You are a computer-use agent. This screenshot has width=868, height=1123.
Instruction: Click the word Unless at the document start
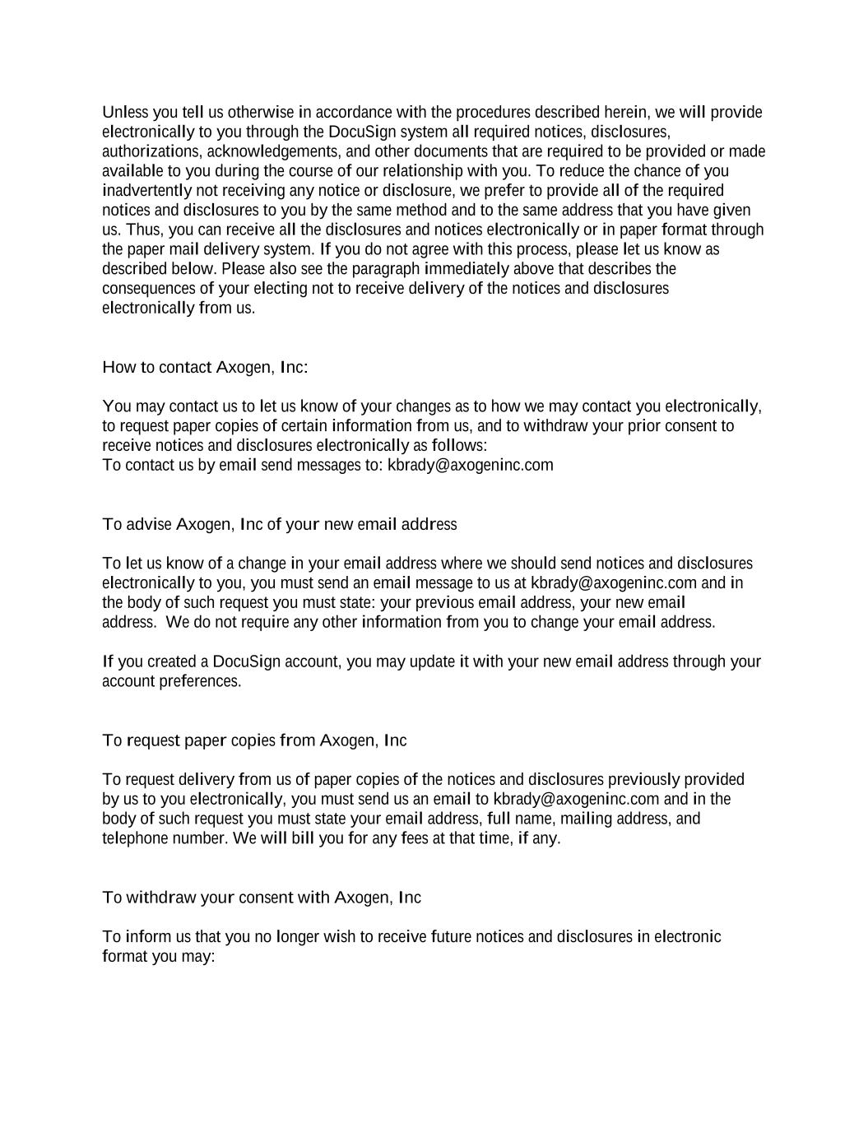pyautogui.click(x=121, y=113)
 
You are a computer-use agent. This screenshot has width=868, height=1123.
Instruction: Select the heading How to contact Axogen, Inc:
pyautogui.click(x=205, y=367)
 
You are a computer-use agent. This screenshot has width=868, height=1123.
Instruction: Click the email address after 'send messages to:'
pyautogui.click(x=470, y=466)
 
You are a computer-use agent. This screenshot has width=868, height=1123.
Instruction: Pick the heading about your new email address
pyautogui.click(x=279, y=525)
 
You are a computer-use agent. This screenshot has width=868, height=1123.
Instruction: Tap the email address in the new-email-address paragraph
pyautogui.click(x=613, y=583)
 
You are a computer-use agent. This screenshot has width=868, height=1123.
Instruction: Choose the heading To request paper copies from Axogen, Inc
pyautogui.click(x=254, y=740)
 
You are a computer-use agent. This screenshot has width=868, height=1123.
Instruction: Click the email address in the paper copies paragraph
pyautogui.click(x=576, y=800)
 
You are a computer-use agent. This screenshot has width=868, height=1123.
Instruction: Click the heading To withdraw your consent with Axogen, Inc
pyautogui.click(x=262, y=898)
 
